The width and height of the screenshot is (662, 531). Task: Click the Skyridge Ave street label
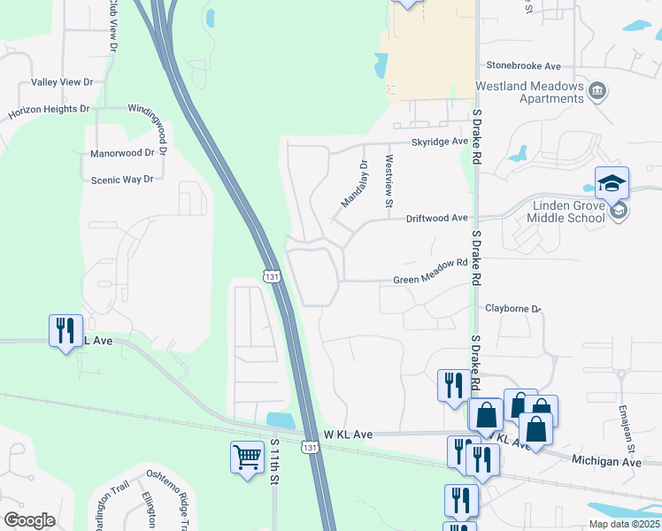pos(438,142)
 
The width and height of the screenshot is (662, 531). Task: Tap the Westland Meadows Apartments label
pos(530,92)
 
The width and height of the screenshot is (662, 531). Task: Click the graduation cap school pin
pos(612,184)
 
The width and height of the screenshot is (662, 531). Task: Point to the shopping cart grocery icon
pos(247,458)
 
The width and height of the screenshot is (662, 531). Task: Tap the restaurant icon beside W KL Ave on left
pos(65,331)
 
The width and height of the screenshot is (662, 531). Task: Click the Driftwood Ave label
pos(436,218)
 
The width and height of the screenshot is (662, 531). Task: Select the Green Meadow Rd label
pos(429,280)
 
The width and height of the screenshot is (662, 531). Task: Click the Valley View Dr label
pos(62,82)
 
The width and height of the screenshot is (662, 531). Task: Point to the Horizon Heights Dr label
pos(49,112)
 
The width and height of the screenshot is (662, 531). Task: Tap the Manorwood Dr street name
pos(128,153)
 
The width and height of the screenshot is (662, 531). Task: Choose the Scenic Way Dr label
pos(122,179)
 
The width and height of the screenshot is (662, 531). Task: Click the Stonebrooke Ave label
pos(524,65)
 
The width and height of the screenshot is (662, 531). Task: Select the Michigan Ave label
pos(606,462)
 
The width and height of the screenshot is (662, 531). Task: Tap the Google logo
pos(29,519)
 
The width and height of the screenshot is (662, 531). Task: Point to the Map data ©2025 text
pos(625,524)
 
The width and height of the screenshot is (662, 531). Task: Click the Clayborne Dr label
pos(512,308)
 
